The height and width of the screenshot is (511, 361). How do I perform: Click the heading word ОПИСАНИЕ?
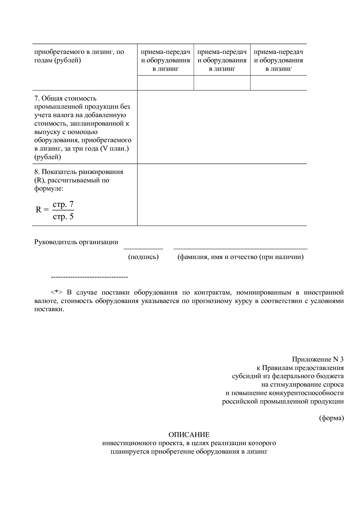coord(189,435)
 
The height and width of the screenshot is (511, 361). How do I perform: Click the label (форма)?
coord(331,418)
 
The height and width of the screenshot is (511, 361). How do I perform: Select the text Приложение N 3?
coord(318,359)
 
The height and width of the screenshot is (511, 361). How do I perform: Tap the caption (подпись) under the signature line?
coord(143,257)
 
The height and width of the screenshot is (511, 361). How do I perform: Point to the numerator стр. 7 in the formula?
coord(63,204)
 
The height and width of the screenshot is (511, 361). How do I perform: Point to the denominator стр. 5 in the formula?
coord(63,216)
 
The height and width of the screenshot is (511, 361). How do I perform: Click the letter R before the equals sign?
coord(38,210)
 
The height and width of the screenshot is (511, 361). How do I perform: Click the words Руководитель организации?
coord(76,242)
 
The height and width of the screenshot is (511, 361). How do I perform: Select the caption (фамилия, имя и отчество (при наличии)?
coord(240,257)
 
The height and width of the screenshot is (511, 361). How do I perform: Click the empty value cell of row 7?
coord(222,127)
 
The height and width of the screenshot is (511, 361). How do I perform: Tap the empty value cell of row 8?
coord(222,195)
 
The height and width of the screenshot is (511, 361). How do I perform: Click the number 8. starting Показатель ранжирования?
coord(37,172)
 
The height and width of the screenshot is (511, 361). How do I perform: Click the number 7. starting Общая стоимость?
coord(37,98)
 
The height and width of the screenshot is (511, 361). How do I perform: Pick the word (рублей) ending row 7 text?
coord(48,157)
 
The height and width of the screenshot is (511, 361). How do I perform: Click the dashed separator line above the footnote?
coord(89,276)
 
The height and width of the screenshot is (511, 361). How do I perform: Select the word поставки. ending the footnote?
coord(49,309)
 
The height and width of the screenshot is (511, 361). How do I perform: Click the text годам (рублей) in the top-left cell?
coord(58,60)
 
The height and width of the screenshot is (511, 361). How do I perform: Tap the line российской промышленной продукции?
coord(283,401)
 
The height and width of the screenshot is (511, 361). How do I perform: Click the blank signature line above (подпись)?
coord(143,249)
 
